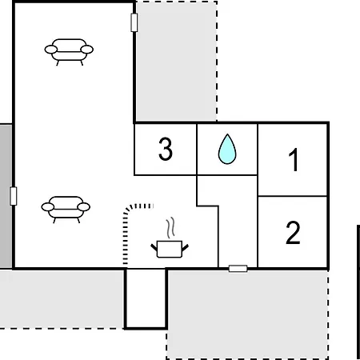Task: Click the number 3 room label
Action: [x=166, y=149]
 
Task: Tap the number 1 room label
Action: [x=294, y=159]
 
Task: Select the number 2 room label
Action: [x=293, y=233]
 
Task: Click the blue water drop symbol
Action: [x=227, y=149]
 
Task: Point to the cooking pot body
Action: [x=170, y=249]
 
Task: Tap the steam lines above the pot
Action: [x=170, y=227]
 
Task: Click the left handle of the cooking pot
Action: [x=154, y=247]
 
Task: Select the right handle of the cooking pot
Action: [x=186, y=247]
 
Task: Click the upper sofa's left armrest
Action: [x=51, y=50]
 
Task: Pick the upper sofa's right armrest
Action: [x=87, y=50]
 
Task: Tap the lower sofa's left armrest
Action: [x=48, y=206]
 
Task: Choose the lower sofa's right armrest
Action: [x=84, y=206]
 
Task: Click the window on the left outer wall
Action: [x=13, y=196]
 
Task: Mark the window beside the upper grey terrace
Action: [x=134, y=22]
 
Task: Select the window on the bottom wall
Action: [x=238, y=269]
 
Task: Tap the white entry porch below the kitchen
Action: [x=146, y=298]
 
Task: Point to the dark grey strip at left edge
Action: [x=6, y=196]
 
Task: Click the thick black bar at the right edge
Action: [x=358, y=292]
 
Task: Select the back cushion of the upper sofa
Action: [x=69, y=44]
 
